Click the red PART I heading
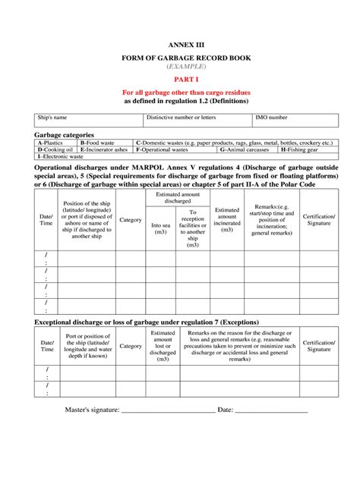point(180,79)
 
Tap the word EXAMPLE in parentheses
point(180,67)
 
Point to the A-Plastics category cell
point(55,143)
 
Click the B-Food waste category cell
point(105,143)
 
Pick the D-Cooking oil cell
point(55,150)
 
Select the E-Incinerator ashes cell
point(105,150)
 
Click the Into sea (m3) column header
point(160,228)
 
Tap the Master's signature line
point(167,410)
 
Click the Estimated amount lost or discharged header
point(163,345)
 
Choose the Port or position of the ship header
point(87,345)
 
